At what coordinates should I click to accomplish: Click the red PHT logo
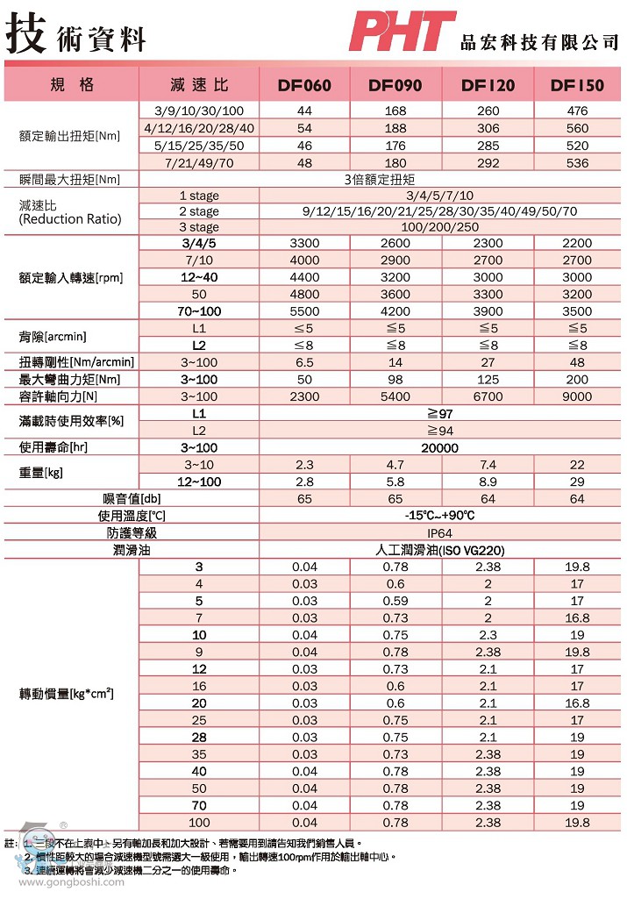pos(402,32)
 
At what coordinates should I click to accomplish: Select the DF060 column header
pos(304,85)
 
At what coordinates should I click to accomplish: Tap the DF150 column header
pos(577,85)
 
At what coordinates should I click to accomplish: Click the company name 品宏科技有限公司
pos(539,42)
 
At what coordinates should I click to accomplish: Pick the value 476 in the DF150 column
pos(577,111)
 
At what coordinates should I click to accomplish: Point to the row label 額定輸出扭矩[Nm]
pos(70,137)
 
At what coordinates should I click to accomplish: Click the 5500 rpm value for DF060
pos(304,310)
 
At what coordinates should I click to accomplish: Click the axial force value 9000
pos(577,396)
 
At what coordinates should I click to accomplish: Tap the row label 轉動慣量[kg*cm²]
pos(67,695)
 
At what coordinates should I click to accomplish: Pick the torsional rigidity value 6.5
pos(304,362)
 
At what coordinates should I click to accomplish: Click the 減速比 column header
pos(199,85)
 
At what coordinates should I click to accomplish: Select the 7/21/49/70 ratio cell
pos(199,162)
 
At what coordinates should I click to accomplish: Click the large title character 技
pos(25,33)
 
